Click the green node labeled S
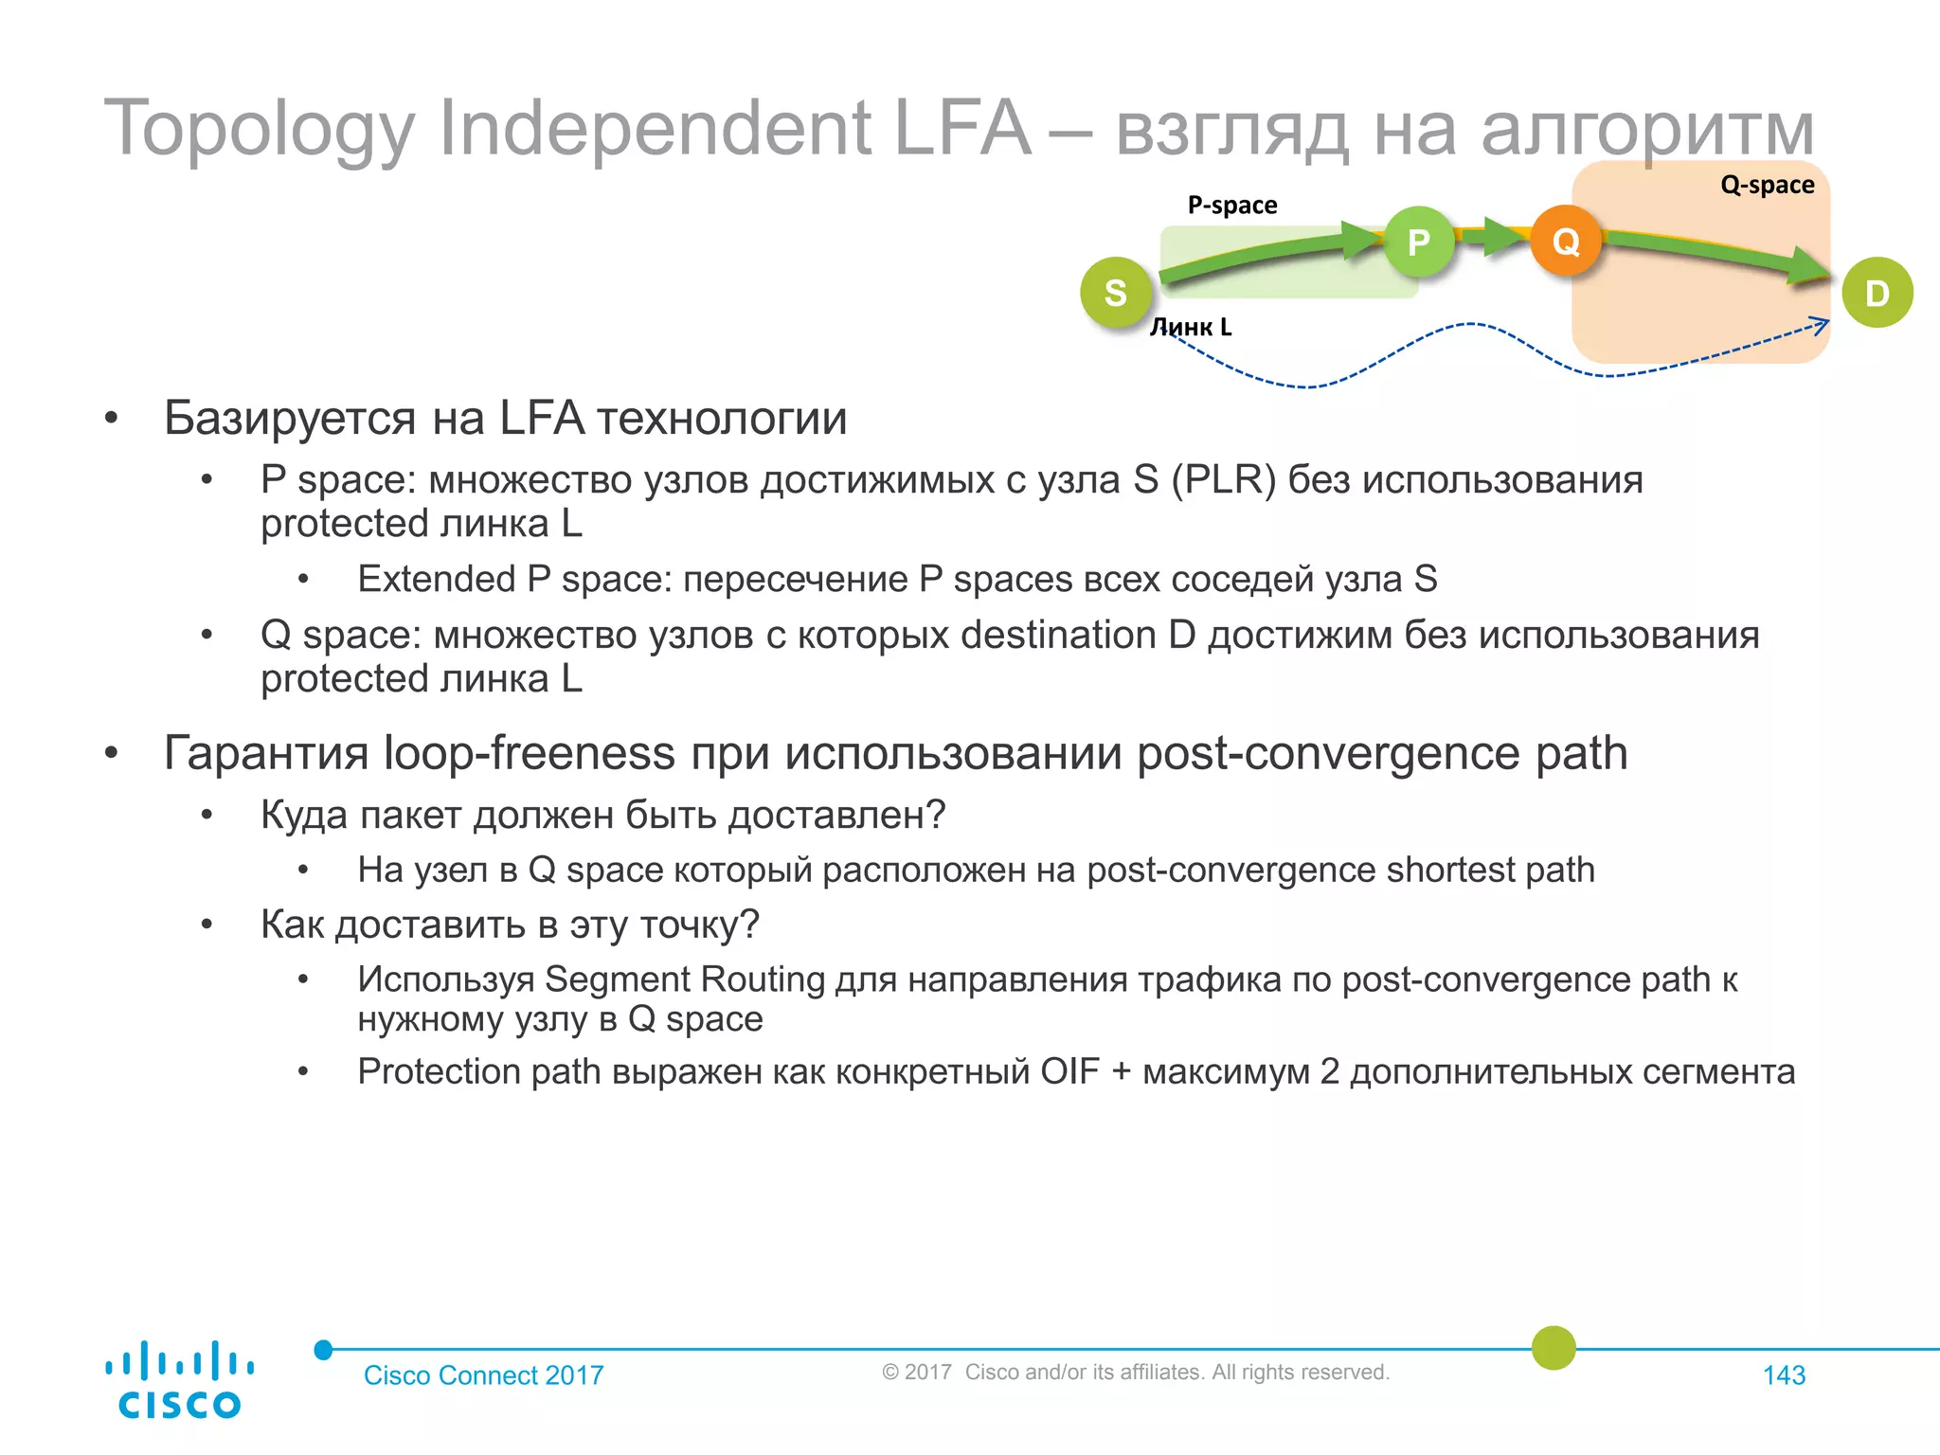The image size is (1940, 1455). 1116,293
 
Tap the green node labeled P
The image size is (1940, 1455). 1418,242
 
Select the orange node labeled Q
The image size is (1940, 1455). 1566,242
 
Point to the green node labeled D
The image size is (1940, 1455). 1877,293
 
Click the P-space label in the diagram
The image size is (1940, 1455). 1231,206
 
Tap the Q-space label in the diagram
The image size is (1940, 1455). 1767,185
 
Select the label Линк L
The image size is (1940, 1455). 1191,327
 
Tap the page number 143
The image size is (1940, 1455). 1784,1375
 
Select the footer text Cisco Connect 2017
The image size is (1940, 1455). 483,1375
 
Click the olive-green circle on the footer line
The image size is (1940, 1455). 1554,1348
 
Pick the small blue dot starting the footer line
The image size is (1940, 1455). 323,1350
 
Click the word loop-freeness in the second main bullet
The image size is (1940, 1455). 529,753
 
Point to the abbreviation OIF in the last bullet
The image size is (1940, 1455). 1069,1072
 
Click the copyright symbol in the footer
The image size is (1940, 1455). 889,1373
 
